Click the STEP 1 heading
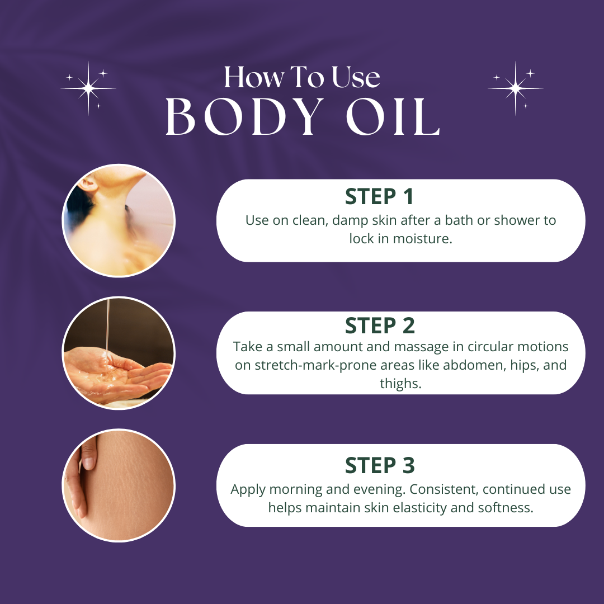(379, 196)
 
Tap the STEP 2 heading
(379, 325)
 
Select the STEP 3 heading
(379, 465)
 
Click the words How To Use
(302, 77)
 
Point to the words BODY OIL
(302, 118)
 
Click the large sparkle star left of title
(88, 88)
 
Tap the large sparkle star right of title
(515, 88)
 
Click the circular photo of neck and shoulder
(119, 221)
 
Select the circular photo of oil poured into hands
(119, 353)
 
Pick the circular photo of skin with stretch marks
(119, 485)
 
